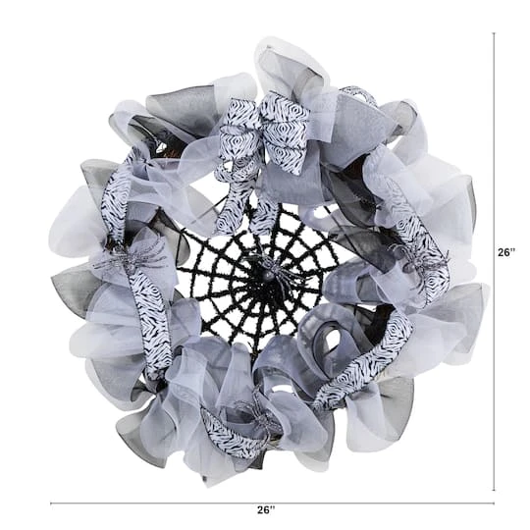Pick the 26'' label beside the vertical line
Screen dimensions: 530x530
pos(506,252)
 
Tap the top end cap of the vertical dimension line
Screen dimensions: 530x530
pos(493,32)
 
